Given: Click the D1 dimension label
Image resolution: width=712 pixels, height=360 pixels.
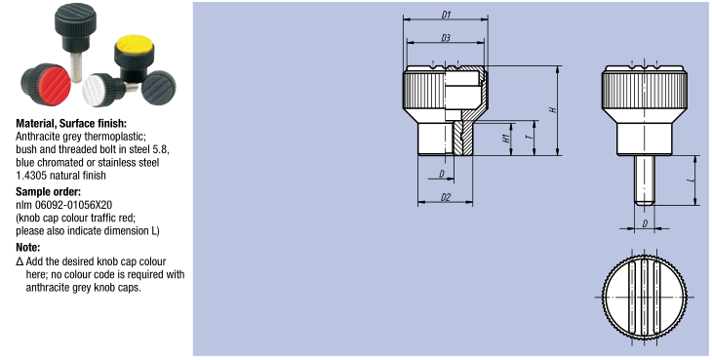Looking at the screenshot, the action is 446,15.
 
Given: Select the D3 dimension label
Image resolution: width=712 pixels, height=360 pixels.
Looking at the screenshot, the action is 446,38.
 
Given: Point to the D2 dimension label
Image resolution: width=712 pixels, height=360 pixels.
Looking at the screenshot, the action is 446,197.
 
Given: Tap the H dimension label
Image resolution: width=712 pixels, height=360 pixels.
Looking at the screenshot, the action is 553,110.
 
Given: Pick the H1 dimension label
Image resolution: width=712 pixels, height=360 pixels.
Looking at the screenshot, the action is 506,139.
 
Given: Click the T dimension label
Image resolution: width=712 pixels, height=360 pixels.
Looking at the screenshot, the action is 529,136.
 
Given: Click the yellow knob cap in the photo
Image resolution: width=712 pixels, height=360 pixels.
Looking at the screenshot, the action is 135,45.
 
